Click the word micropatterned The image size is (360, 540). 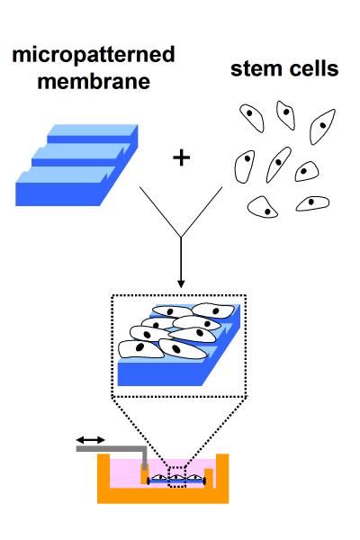(x=94, y=56)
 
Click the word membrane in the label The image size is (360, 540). (x=94, y=82)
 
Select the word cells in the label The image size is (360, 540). (x=314, y=68)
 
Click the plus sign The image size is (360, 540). (x=181, y=158)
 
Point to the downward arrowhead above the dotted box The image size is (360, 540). (x=181, y=283)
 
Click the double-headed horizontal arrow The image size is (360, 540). (x=90, y=440)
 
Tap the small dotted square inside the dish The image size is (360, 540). (x=176, y=477)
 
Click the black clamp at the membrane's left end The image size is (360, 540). (x=148, y=481)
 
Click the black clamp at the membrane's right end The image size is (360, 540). (x=204, y=481)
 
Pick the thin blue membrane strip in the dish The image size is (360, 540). (x=176, y=481)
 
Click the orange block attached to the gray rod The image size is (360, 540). (x=144, y=475)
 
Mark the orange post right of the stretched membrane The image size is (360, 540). (x=209, y=478)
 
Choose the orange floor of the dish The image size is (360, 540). (x=163, y=496)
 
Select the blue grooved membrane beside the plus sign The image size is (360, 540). (x=76, y=166)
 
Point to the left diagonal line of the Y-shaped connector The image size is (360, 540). (x=160, y=211)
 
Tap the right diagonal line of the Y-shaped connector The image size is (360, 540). (x=202, y=211)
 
